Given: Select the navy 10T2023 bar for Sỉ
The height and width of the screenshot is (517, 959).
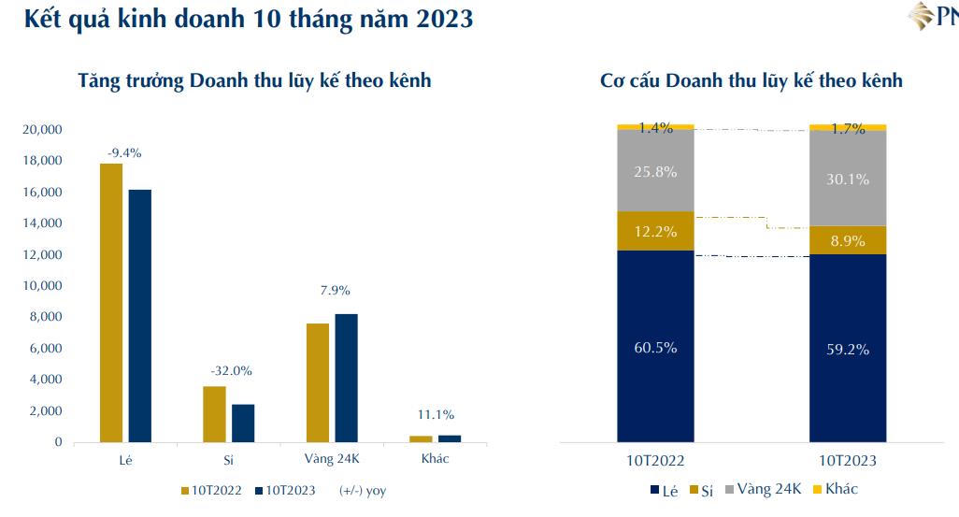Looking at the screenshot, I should pyautogui.click(x=243, y=423).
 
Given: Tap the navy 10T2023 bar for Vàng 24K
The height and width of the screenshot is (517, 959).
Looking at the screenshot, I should pyautogui.click(x=346, y=378).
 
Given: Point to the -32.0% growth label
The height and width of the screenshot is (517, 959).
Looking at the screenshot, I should pyautogui.click(x=231, y=370).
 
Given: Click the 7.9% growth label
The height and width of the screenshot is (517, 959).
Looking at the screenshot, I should pyautogui.click(x=334, y=290).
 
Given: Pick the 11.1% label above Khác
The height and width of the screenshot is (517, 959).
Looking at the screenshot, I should pyautogui.click(x=436, y=414).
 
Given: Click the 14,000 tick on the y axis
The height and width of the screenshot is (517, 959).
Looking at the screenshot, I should pyautogui.click(x=42, y=223).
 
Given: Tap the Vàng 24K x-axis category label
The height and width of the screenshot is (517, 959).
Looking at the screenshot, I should pyautogui.click(x=333, y=459).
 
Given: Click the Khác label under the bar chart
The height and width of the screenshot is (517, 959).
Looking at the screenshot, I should pyautogui.click(x=436, y=459).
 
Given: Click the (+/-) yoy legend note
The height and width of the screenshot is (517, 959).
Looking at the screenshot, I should pyautogui.click(x=363, y=490).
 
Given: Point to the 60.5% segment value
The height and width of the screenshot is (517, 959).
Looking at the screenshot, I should pyautogui.click(x=655, y=348).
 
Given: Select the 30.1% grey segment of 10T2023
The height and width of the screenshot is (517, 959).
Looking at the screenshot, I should pyautogui.click(x=848, y=179).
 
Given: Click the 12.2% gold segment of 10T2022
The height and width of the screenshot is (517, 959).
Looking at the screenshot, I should pyautogui.click(x=655, y=231).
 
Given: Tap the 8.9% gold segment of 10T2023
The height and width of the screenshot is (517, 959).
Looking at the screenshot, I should pyautogui.click(x=848, y=240).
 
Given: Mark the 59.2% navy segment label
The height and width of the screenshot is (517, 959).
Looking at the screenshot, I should pyautogui.click(x=848, y=350).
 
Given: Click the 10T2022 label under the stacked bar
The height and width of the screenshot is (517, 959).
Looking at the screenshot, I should pyautogui.click(x=655, y=461).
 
